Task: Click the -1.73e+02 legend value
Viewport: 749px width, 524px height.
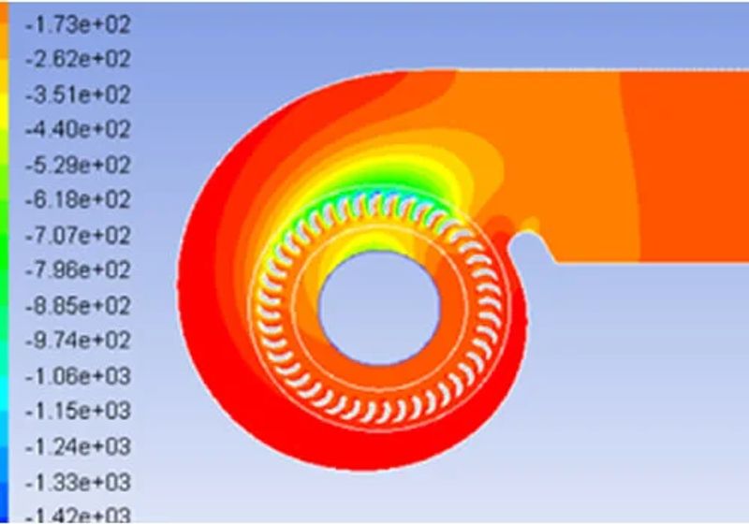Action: pos(78,24)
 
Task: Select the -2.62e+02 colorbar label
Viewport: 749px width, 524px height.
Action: pos(78,59)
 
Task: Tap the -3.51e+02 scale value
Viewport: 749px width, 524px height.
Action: pos(78,95)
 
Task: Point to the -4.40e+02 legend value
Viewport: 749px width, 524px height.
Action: pos(78,129)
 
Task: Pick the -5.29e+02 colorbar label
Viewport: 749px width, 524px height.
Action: pos(78,165)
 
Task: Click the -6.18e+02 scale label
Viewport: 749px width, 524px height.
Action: pos(78,199)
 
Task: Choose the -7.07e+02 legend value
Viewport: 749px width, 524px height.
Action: pos(78,235)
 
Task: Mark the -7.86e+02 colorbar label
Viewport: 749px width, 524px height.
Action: pos(78,270)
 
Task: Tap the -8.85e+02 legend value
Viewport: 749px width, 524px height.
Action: pos(78,305)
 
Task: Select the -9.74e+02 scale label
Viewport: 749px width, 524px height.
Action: pos(78,341)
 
